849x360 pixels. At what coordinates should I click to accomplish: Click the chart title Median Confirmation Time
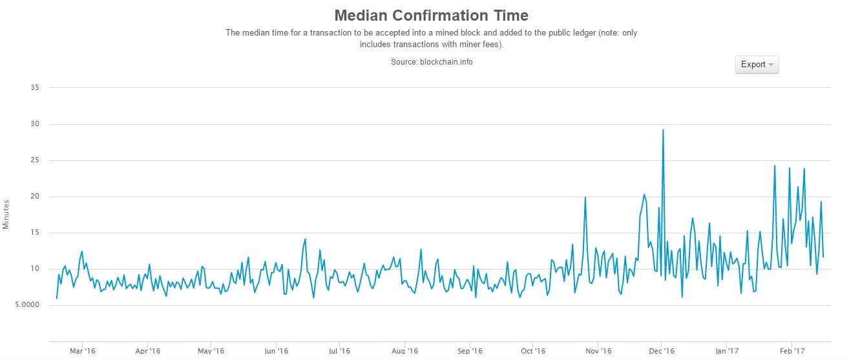(x=431, y=16)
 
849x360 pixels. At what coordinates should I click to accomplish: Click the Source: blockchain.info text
(x=431, y=62)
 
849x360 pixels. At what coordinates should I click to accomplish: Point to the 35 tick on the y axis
(x=35, y=87)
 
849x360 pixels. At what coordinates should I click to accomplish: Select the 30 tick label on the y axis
(x=35, y=123)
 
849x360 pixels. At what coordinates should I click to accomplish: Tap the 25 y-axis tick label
(x=35, y=160)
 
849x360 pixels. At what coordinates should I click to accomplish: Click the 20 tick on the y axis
(x=35, y=196)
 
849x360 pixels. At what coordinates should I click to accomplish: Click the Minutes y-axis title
(x=6, y=214)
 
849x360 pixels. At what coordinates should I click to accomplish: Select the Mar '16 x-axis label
(x=83, y=351)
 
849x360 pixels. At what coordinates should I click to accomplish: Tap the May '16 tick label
(x=211, y=351)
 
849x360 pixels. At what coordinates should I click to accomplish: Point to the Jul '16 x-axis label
(x=340, y=351)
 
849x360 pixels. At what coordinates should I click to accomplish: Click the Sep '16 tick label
(x=470, y=351)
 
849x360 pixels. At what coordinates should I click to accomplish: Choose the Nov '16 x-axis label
(x=598, y=351)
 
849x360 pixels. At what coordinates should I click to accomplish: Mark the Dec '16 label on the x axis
(x=662, y=351)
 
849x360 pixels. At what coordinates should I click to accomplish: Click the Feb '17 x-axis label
(x=791, y=351)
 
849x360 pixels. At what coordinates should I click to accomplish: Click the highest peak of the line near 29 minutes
(x=663, y=130)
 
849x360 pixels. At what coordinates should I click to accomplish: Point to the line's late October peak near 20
(x=585, y=198)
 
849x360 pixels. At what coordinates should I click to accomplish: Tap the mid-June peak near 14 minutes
(x=304, y=239)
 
